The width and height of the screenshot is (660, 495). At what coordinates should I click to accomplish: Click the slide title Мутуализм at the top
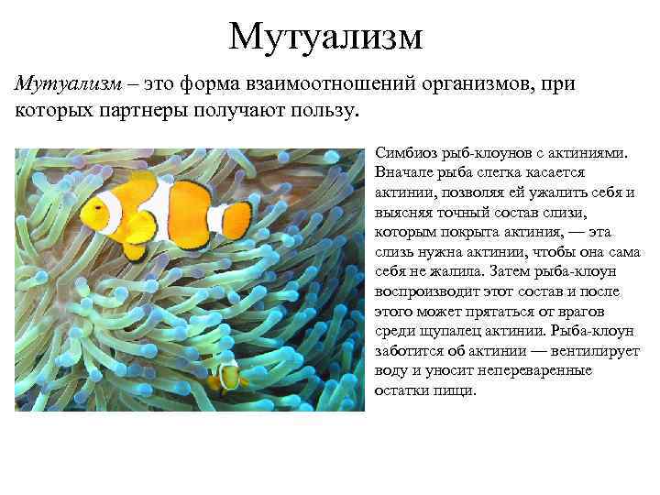[326, 37]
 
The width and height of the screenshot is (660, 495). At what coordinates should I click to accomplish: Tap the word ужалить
[561, 192]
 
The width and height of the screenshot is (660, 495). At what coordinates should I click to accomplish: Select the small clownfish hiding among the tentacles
[225, 375]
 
